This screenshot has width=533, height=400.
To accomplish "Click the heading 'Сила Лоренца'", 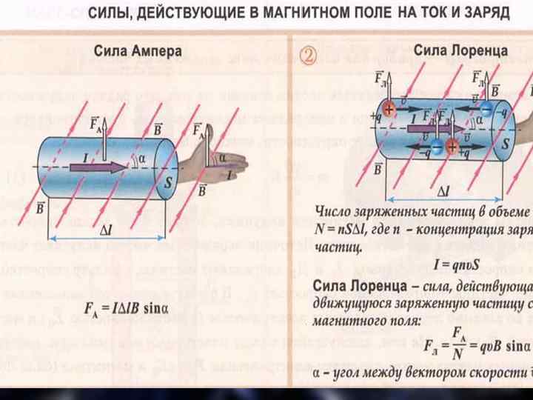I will point(460,50).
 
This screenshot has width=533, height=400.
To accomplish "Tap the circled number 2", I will point(309,56).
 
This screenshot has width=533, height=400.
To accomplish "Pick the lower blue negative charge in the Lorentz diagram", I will point(438,145).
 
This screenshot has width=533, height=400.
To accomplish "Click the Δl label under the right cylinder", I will point(441,190).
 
